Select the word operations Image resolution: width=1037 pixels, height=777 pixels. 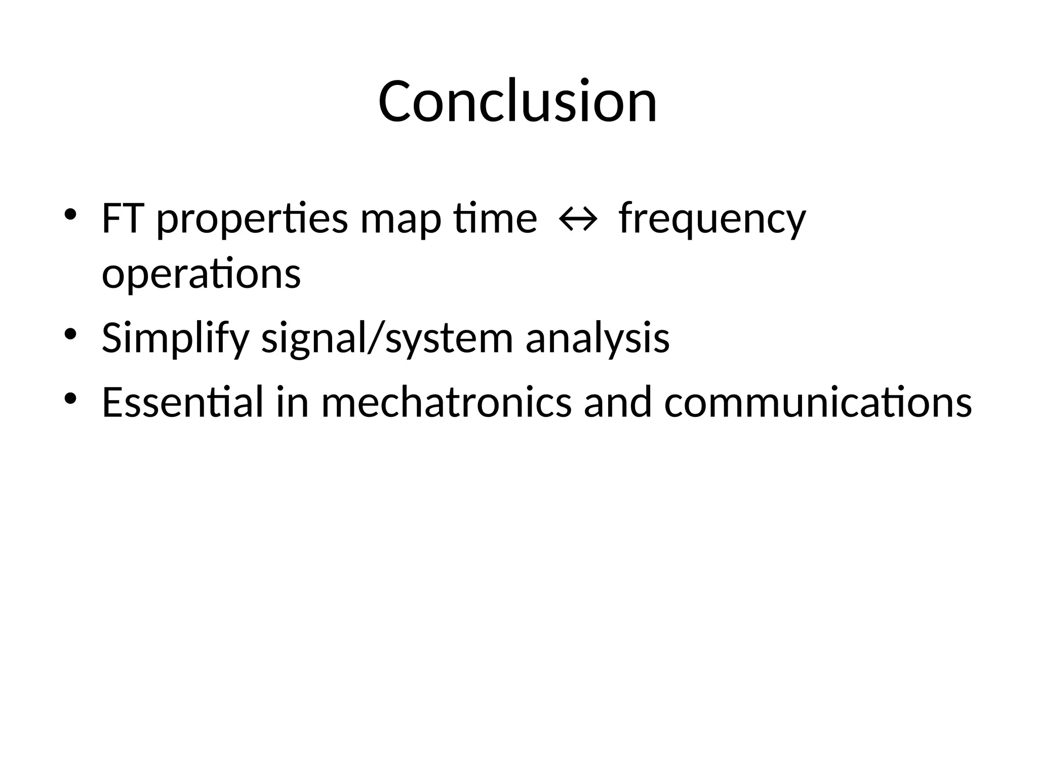tap(201, 275)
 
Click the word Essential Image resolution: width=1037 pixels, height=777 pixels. tap(182, 402)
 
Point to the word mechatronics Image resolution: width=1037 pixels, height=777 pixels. tap(446, 402)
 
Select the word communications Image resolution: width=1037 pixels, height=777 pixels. tap(818, 402)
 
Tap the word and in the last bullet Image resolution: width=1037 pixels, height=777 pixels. tap(618, 402)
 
